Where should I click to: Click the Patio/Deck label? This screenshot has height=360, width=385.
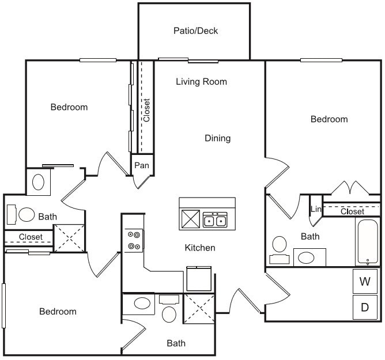tap(195, 31)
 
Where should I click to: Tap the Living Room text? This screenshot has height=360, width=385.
tap(201, 82)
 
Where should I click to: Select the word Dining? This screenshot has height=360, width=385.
tap(217, 138)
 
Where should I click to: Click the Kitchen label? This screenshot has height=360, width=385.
tap(199, 248)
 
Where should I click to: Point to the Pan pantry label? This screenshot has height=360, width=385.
tap(142, 165)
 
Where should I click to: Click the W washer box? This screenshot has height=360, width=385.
tap(365, 282)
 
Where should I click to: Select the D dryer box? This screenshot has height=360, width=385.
tap(365, 307)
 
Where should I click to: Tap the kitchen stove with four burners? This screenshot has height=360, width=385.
tap(134, 240)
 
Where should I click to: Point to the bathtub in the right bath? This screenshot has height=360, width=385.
tap(366, 242)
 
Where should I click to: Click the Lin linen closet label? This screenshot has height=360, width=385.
tap(315, 209)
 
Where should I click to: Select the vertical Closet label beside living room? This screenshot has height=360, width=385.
tap(146, 110)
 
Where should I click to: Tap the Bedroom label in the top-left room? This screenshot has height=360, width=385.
tap(69, 107)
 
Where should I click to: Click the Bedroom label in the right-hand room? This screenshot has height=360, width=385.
tap(329, 119)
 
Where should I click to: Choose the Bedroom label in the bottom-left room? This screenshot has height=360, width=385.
tap(58, 312)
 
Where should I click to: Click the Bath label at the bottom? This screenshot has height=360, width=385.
tap(176, 343)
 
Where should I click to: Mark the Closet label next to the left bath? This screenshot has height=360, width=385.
tap(31, 237)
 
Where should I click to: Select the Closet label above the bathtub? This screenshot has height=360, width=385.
tap(352, 211)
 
